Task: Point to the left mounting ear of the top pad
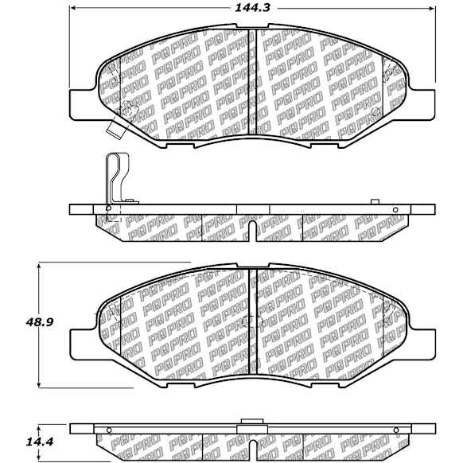click(83, 103)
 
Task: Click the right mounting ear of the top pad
click(422, 103)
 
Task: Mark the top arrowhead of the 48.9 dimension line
click(38, 266)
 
